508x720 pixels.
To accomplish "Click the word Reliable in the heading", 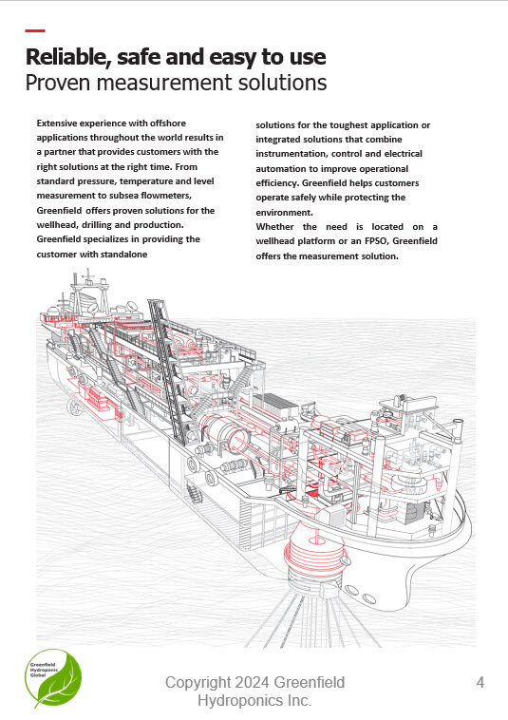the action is [68, 57].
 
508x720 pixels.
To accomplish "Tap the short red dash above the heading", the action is [35, 30].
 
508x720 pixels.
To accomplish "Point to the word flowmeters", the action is [166, 196].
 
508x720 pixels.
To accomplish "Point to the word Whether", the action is [274, 227].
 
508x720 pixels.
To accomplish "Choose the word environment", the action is [285, 213].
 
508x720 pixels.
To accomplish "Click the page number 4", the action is [480, 682].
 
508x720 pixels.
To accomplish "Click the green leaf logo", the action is [53, 677].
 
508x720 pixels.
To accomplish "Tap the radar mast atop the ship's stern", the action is [90, 291].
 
